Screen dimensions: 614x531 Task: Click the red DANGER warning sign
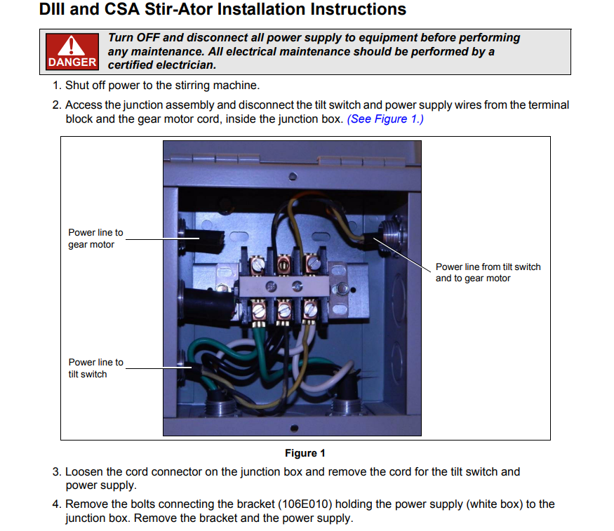coord(72,52)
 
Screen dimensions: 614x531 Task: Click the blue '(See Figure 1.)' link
coord(385,119)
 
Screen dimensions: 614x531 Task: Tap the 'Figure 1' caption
coord(305,453)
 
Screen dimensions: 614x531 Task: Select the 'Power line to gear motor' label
coord(95,238)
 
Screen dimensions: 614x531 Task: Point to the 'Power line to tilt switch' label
coord(96,368)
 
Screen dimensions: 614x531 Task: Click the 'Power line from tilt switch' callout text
coord(488,267)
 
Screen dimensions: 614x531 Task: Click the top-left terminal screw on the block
coord(258,265)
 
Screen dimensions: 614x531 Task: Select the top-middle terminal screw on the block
coord(283,265)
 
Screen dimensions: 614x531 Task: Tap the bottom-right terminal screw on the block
coord(311,309)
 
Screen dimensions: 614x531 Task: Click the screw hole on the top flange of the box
coord(293,177)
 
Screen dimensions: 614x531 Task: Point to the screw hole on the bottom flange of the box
coord(294,428)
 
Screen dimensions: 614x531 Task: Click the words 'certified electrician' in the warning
coord(161,65)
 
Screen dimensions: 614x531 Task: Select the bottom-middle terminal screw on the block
coord(284,311)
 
